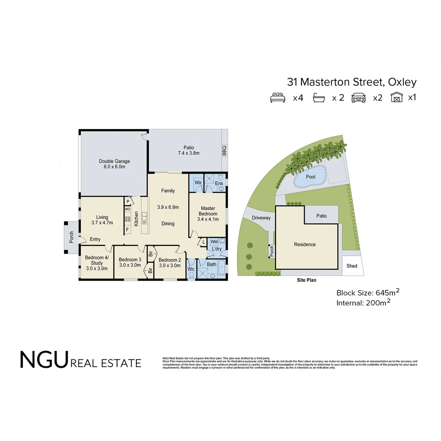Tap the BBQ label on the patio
(224, 151)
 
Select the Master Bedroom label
(208, 214)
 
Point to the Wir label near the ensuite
(198, 183)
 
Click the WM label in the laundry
(214, 242)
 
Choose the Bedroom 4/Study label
(97, 263)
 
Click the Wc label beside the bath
(191, 269)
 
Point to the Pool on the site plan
(310, 177)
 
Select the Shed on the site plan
(352, 266)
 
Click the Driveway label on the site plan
(261, 218)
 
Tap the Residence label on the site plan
(305, 245)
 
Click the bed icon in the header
(278, 98)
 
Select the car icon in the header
(359, 98)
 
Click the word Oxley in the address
(402, 82)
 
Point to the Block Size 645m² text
(367, 292)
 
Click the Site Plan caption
(306, 280)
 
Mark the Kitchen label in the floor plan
(136, 218)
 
